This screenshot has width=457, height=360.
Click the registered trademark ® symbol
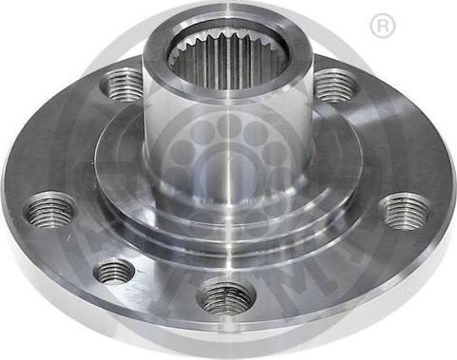[x=384, y=26]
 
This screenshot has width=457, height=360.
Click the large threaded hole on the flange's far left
[x=50, y=210]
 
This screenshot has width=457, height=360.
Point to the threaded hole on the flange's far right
[x=405, y=210]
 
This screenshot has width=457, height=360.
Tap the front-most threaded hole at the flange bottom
[x=226, y=296]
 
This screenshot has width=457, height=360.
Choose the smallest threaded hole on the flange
[x=114, y=271]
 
